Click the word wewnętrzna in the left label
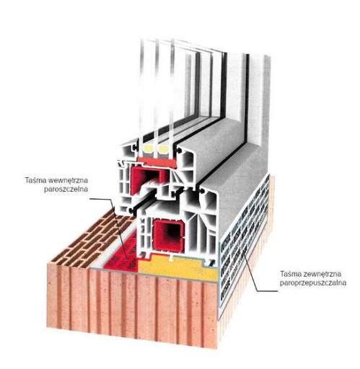pyautogui.click(x=68, y=180)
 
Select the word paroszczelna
pyautogui.click(x=66, y=190)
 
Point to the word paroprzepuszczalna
pyautogui.click(x=313, y=283)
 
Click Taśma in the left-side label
pyautogui.click(x=36, y=180)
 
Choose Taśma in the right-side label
pyautogui.click(x=290, y=274)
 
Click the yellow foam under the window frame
pyautogui.click(x=179, y=268)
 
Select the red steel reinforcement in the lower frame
pyautogui.click(x=168, y=235)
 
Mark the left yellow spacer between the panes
pyautogui.click(x=148, y=150)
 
